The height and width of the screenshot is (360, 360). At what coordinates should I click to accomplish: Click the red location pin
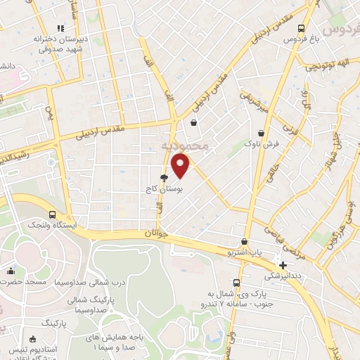[x=181, y=166]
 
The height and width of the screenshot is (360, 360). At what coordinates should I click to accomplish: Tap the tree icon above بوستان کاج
[x=164, y=179]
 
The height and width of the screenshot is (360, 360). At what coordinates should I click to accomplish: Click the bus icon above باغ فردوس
[x=302, y=29]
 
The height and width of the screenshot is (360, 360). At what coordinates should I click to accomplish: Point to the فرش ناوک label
[x=262, y=143]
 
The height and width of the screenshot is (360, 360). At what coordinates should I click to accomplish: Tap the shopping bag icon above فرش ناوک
[x=262, y=132]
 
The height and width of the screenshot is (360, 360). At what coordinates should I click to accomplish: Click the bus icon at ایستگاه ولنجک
[x=52, y=214]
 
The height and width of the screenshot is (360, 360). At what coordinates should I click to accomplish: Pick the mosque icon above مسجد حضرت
[x=11, y=271]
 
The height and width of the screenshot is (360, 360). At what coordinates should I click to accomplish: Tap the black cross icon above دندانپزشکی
[x=283, y=265]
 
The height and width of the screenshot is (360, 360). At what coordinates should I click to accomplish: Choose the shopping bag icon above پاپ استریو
[x=244, y=241]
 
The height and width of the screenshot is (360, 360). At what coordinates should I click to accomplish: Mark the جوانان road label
[x=158, y=233]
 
